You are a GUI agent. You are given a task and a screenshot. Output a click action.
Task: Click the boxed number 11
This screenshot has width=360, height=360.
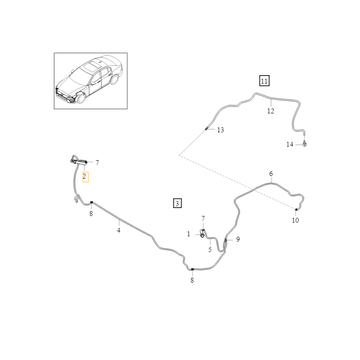(264, 81)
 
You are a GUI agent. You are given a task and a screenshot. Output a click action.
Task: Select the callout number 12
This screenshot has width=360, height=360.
(270, 111)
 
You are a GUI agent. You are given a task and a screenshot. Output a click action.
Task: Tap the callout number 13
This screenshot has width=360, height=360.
(220, 130)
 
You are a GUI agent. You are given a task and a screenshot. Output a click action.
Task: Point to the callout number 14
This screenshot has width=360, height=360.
(290, 144)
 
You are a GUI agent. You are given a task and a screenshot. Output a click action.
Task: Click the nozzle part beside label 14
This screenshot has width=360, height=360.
(306, 144)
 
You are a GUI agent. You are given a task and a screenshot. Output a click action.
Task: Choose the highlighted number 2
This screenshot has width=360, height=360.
(85, 177)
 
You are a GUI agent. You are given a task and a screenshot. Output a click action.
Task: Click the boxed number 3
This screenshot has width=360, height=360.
(178, 203)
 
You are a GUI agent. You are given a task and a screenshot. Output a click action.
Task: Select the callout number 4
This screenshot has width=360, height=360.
(119, 230)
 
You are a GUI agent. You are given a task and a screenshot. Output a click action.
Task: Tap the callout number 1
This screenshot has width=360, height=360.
(189, 234)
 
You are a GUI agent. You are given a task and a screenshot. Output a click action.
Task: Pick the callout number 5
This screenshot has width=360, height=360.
(210, 249)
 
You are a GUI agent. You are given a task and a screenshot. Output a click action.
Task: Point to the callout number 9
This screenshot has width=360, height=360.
(238, 239)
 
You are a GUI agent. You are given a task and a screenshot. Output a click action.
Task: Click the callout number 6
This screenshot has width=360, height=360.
(271, 174)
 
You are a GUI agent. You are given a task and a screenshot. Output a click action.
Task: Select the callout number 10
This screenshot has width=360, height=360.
(295, 220)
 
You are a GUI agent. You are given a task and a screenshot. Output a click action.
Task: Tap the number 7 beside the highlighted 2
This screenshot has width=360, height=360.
(97, 162)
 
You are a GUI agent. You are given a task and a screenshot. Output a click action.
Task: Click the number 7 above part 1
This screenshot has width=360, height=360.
(203, 219)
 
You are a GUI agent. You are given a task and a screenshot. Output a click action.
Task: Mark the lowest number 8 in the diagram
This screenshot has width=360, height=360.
(192, 280)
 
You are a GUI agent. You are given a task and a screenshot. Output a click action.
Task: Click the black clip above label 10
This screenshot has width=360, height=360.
(296, 210)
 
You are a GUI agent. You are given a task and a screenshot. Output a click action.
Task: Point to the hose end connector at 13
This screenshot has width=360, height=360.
(206, 129)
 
